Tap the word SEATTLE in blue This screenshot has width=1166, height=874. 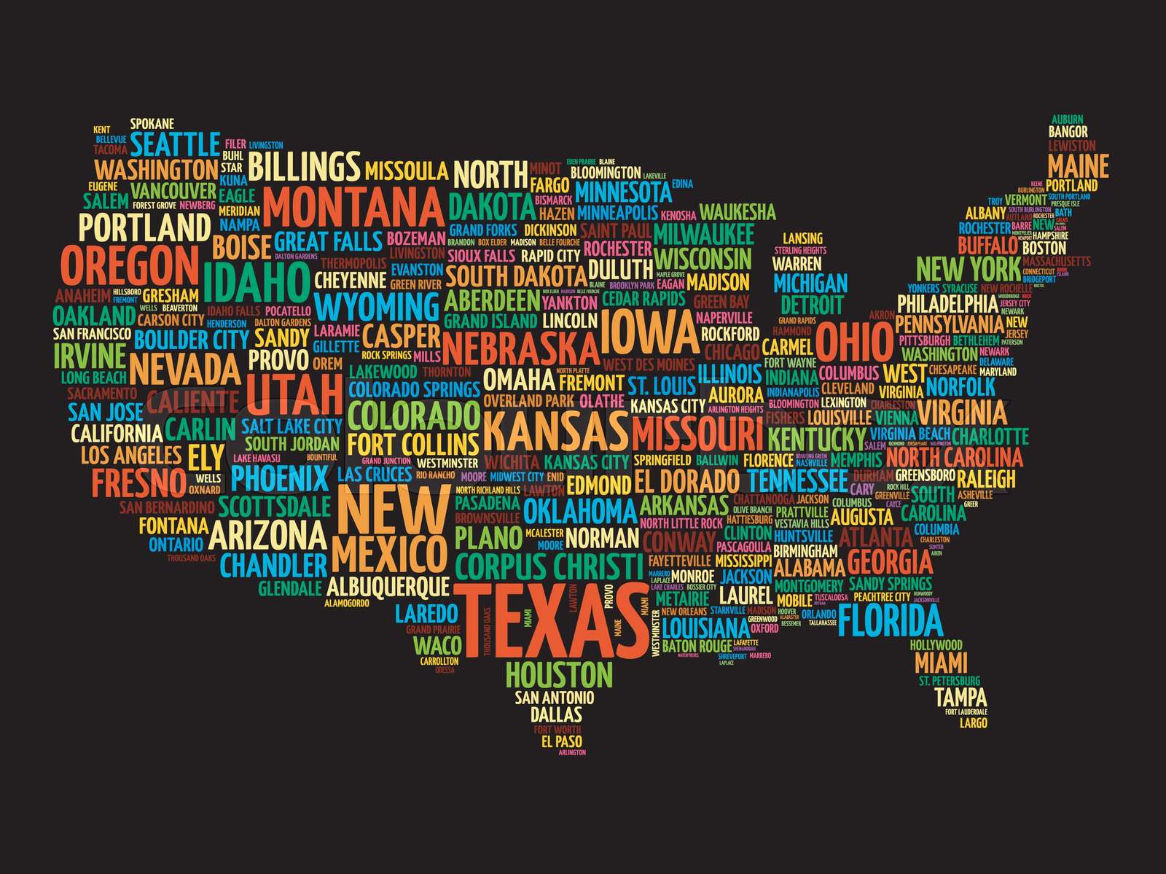(x=177, y=144)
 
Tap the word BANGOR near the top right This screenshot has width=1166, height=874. (x=1068, y=132)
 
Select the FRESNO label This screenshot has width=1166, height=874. (x=138, y=481)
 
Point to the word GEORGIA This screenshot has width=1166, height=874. (x=890, y=563)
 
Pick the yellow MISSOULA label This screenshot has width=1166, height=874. (x=406, y=171)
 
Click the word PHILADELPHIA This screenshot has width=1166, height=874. (x=946, y=303)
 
